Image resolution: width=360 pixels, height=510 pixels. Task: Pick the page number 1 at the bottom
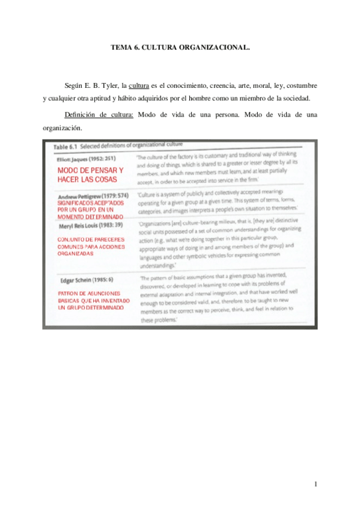[x=315, y=484]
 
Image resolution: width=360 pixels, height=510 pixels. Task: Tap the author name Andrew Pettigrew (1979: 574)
[x=93, y=197]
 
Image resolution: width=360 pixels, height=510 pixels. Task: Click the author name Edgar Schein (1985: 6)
[x=87, y=280]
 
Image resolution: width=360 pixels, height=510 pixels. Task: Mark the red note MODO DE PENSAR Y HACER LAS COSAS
[x=91, y=176]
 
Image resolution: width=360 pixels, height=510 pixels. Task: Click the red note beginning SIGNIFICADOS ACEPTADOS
[x=90, y=209]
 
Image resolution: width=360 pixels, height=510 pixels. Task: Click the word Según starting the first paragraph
[x=75, y=85]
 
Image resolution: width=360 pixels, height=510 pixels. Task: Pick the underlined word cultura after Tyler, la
[x=139, y=85]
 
